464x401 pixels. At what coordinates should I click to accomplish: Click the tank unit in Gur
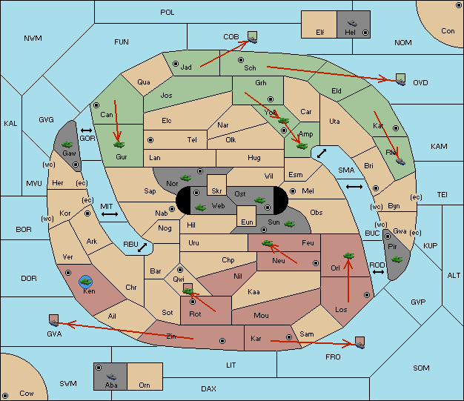[119, 145]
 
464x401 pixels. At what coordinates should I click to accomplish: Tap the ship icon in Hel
[352, 23]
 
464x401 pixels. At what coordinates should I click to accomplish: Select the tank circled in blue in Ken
[86, 282]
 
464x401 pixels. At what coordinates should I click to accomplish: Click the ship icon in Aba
[111, 377]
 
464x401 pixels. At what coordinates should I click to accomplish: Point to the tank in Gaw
[67, 145]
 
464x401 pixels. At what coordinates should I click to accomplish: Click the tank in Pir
[397, 259]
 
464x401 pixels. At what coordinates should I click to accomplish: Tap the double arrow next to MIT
[110, 214]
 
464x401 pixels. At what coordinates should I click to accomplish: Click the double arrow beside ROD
[378, 272]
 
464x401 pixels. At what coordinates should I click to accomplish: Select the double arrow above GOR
[86, 130]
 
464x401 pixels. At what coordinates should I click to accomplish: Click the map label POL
[168, 13]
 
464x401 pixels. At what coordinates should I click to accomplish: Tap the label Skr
[216, 191]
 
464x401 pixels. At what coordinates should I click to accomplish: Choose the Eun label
[247, 222]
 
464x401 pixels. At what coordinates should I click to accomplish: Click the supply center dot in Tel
[150, 139]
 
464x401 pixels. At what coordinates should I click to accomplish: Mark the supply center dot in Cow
[5, 395]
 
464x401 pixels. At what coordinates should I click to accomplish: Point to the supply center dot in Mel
[293, 191]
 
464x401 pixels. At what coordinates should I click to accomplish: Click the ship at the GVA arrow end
[53, 320]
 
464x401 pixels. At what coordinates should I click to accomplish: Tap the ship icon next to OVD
[400, 80]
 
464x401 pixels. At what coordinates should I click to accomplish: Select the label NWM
[33, 39]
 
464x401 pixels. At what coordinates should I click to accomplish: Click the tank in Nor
[186, 178]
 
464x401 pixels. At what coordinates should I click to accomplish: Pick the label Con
[448, 31]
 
